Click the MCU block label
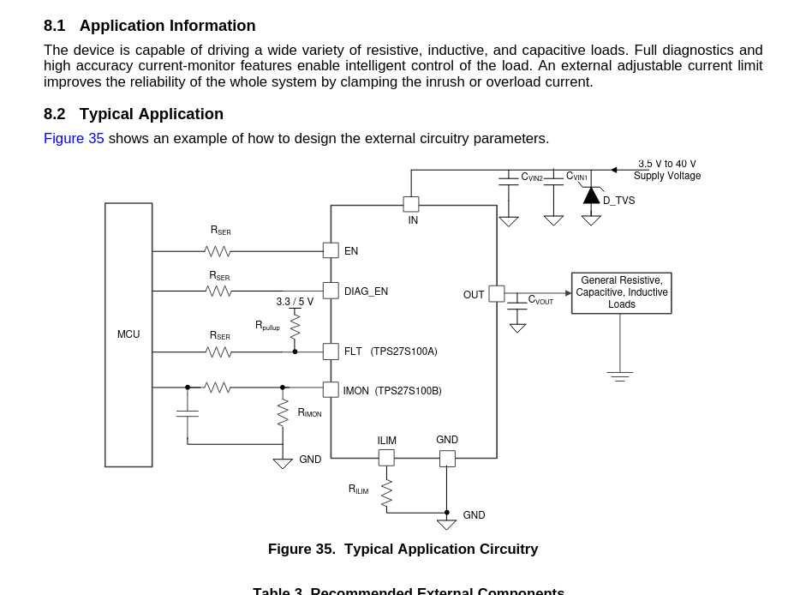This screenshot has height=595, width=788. [x=128, y=334]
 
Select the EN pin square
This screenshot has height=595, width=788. [x=331, y=250]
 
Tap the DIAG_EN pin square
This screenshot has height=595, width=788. [x=331, y=291]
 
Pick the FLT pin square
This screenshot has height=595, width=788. [x=331, y=352]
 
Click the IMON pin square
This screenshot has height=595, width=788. [x=331, y=390]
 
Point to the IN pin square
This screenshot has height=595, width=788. [x=411, y=204]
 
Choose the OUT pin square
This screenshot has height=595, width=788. [x=497, y=293]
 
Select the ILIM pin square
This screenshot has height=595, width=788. [x=386, y=458]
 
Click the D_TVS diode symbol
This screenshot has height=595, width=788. [x=591, y=195]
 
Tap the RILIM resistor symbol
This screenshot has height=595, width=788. [x=386, y=493]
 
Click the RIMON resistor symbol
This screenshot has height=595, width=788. [x=283, y=412]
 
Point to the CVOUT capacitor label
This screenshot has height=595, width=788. [x=540, y=300]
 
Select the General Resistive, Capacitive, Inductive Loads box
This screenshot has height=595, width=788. [x=622, y=293]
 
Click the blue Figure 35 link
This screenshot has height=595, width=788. [x=74, y=139]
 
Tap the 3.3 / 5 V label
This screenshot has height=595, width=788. [x=295, y=302]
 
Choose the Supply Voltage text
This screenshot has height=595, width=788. [x=667, y=176]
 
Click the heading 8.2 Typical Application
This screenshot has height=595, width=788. [x=134, y=114]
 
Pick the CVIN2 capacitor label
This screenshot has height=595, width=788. [x=532, y=177]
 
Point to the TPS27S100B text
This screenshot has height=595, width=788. [x=409, y=391]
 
